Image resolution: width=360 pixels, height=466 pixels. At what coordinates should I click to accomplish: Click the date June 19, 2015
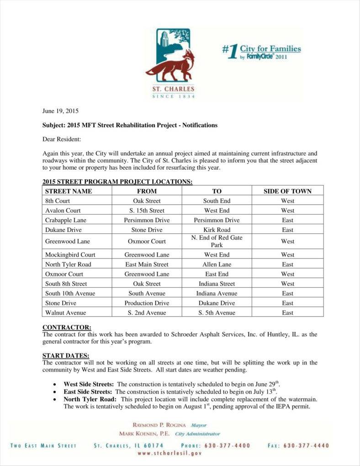coord(61,111)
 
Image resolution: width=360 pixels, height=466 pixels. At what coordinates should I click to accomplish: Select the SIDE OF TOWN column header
coord(287,191)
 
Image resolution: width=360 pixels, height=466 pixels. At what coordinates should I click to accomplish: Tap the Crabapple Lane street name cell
coord(66,220)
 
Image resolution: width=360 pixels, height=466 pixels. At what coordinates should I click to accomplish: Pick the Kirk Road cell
coord(217,230)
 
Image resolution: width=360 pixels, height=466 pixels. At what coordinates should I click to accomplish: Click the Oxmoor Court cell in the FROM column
coord(147,241)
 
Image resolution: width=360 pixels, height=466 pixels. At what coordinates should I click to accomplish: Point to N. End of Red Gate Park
coord(217,241)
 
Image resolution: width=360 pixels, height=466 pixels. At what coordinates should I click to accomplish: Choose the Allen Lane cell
coord(217,264)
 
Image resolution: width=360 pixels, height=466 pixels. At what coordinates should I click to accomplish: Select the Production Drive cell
coord(147,303)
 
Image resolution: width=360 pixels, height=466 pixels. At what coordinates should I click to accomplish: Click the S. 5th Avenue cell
coord(217,313)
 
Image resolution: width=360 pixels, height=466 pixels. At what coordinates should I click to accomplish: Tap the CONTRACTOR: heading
coord(67,327)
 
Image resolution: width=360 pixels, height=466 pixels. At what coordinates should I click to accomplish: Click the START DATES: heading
coord(66,356)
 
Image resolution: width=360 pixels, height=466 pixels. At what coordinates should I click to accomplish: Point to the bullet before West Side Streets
coord(55,385)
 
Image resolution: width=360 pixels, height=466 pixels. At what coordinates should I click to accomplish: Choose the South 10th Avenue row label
coord(70,293)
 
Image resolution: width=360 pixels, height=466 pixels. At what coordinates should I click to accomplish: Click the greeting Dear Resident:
coord(61,139)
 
